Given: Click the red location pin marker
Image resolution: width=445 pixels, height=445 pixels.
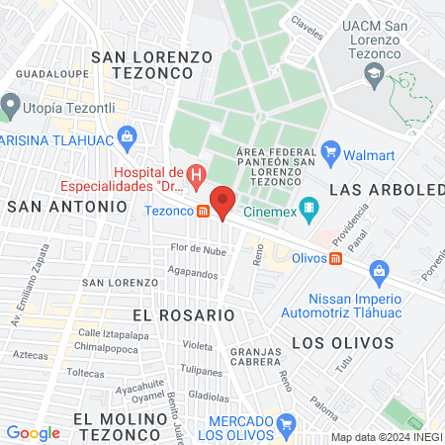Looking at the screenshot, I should coord(222,202).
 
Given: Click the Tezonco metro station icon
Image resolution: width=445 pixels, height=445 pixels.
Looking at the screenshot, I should coord(203,210).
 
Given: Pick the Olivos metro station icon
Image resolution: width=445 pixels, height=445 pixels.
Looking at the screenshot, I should coord(336,259).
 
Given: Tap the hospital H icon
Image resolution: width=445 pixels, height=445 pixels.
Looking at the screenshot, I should coord(196,177).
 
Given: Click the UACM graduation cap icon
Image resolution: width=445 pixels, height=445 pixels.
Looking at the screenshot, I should coord(375,74).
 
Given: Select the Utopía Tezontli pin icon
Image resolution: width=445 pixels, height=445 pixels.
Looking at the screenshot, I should coord(11,103).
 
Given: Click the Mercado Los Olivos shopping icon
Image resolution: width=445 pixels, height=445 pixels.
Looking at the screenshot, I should coord(286,427).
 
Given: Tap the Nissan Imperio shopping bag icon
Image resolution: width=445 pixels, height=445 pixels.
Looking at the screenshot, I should coord(378,270).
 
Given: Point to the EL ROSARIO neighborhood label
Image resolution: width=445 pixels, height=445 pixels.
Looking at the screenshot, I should coord(183,313).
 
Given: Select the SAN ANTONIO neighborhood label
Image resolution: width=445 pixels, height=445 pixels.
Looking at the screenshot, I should coord(67,206).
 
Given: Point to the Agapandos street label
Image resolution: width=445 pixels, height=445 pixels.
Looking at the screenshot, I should coord(193,272).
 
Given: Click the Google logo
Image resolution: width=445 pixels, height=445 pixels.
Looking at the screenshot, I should coord(33,432).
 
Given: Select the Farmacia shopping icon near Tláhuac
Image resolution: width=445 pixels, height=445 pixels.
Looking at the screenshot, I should coord(126,135).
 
